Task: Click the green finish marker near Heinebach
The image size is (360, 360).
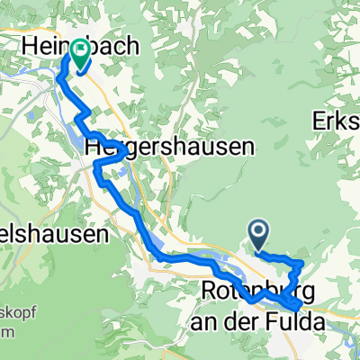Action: [x=79, y=55]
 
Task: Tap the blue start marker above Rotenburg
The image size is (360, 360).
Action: [x=258, y=236]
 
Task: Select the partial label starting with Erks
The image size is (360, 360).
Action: [x=337, y=121]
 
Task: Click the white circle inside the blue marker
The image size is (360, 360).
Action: [x=258, y=233]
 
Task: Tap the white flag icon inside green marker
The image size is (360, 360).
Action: [x=79, y=51]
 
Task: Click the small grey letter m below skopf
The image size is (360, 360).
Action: [x=4, y=332]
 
